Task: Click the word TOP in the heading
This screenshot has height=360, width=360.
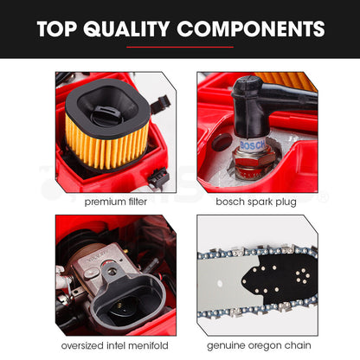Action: pyautogui.click(x=57, y=29)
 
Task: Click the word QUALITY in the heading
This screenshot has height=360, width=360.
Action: pyautogui.click(x=126, y=29)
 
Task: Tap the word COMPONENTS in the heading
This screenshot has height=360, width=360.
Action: pyautogui.click(x=251, y=29)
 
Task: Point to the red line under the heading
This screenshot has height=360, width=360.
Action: pyautogui.click(x=180, y=47)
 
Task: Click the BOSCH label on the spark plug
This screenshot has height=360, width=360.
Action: pyautogui.click(x=253, y=145)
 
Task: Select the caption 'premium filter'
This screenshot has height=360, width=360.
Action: pyautogui.click(x=116, y=202)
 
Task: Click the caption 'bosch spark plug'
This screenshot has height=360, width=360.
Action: pyautogui.click(x=256, y=202)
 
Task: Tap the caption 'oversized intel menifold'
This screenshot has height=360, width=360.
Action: pyautogui.click(x=115, y=345)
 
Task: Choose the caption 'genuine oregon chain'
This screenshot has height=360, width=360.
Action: pyautogui.click(x=259, y=345)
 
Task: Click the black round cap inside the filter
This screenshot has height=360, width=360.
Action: pyautogui.click(x=106, y=114)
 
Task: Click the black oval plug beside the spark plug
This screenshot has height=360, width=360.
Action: pyautogui.click(x=222, y=141)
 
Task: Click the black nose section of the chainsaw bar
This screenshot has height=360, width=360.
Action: pyautogui.click(x=277, y=280)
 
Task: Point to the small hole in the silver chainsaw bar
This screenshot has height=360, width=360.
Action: pyautogui.click(x=220, y=283)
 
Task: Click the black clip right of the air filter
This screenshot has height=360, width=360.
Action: pyautogui.click(x=159, y=104)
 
